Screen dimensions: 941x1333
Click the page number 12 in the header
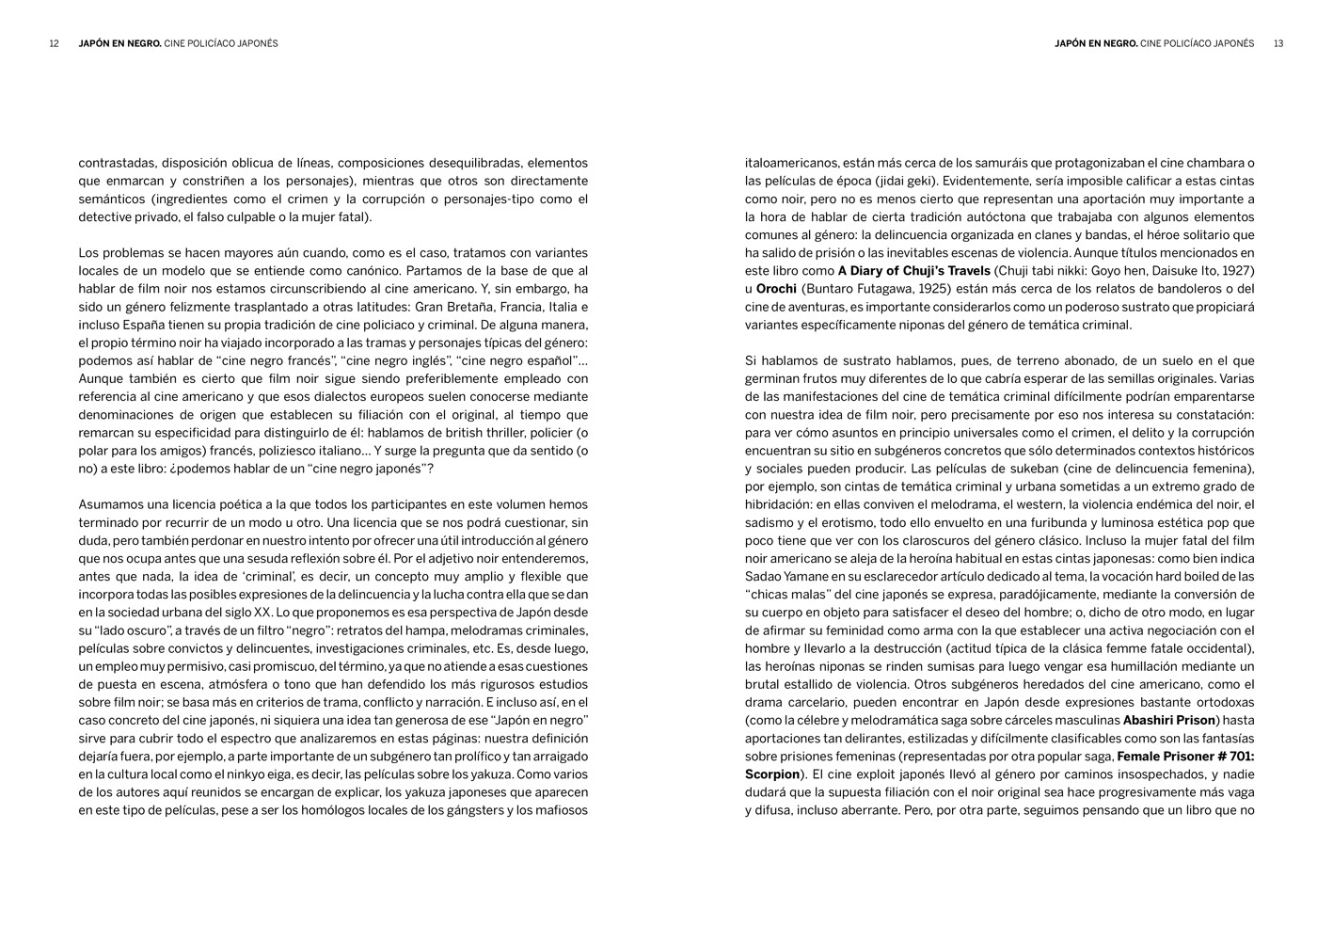pos(55,43)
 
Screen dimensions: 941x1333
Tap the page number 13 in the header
pos(1277,43)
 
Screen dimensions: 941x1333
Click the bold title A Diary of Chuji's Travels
pos(913,271)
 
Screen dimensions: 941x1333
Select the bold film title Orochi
pos(776,289)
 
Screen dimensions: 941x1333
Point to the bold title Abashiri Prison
pos(1168,721)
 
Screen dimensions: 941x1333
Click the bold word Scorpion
pos(771,774)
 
